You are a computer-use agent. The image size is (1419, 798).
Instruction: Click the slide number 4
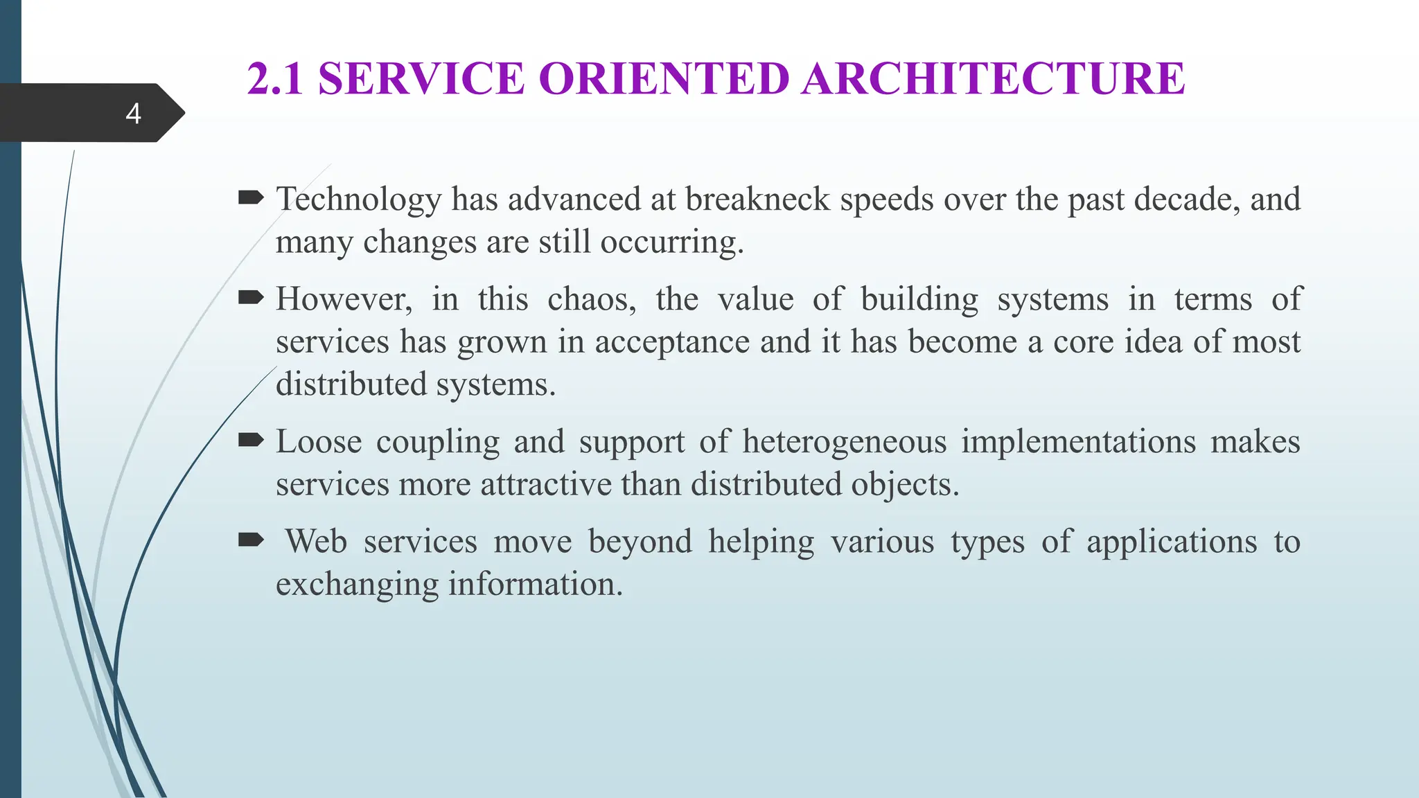click(134, 114)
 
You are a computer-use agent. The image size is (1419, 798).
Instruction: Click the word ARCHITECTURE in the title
click(994, 78)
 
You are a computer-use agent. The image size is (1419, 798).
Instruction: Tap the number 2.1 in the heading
click(275, 78)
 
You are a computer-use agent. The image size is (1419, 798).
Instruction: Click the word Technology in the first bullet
click(358, 200)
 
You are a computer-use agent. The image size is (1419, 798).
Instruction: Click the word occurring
click(671, 242)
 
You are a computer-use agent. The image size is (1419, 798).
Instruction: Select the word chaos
click(591, 299)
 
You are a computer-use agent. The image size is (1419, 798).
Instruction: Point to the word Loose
click(319, 442)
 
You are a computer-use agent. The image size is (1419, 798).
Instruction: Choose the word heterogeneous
click(845, 442)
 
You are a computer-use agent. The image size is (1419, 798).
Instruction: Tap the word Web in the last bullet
click(316, 542)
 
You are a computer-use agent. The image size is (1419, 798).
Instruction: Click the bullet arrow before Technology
click(250, 199)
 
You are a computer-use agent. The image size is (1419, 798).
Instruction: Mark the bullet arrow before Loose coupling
click(250, 441)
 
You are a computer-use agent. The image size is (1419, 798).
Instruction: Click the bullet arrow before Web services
click(250, 540)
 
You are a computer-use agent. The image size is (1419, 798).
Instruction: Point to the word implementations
click(1078, 442)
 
